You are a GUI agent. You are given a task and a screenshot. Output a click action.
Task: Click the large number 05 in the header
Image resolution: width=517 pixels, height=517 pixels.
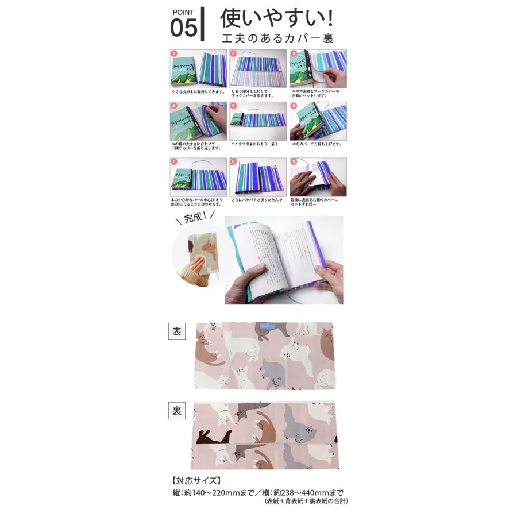click(x=183, y=28)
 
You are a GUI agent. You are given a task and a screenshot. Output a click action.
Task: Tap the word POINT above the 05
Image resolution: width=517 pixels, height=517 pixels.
click(x=183, y=11)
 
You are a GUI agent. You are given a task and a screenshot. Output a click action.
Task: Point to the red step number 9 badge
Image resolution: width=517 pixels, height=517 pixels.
click(x=292, y=162)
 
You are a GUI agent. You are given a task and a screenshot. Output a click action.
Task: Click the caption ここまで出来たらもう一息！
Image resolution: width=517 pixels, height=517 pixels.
click(x=254, y=144)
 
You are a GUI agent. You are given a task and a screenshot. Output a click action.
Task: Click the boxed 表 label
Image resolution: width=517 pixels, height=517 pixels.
click(x=176, y=332)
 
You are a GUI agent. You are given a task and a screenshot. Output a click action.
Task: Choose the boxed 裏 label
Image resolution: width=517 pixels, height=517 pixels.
click(x=176, y=411)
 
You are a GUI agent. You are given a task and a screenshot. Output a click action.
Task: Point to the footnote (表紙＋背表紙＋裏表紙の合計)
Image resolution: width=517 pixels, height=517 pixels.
click(x=306, y=501)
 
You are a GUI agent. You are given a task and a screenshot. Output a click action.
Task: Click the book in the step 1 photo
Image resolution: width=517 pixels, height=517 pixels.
click(x=186, y=70)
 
